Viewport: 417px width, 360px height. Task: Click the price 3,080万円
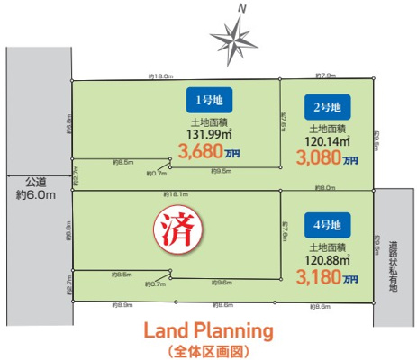325,157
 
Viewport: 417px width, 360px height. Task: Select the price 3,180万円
325,277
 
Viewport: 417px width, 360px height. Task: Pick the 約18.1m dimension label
175,194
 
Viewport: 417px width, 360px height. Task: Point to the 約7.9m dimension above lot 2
325,76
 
